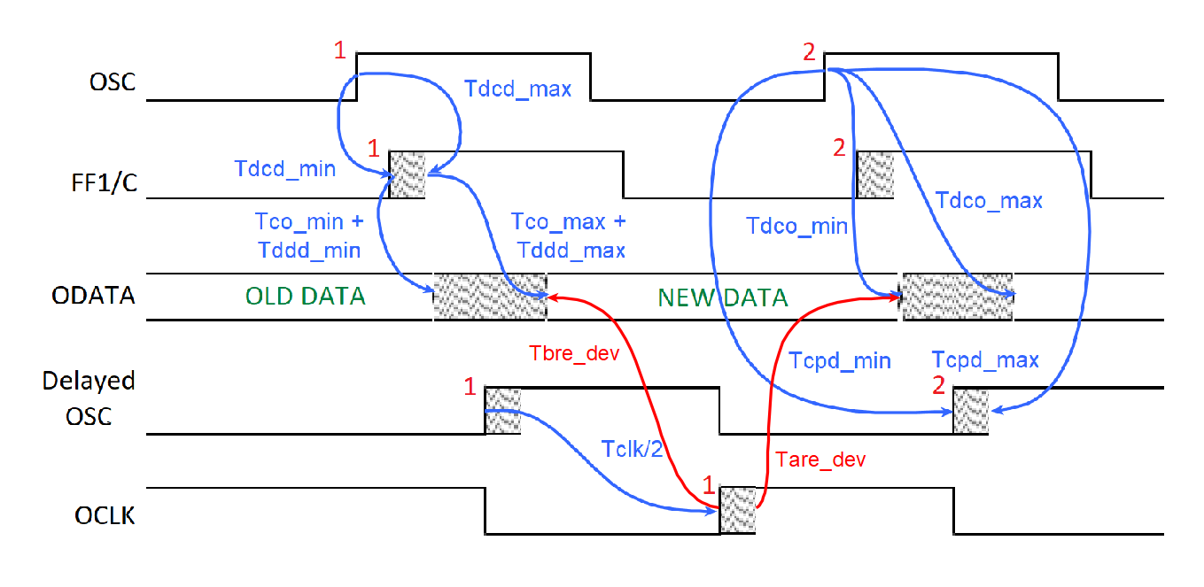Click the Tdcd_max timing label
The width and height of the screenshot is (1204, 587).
(518, 89)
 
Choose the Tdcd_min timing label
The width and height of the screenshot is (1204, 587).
(284, 168)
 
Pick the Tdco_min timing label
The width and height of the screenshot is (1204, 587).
(796, 227)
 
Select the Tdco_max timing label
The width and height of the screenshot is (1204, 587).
(990, 201)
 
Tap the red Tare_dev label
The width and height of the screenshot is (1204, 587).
(820, 459)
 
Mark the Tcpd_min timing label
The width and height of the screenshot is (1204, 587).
(838, 360)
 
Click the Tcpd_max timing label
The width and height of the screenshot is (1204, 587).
(985, 360)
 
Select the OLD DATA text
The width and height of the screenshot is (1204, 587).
(306, 296)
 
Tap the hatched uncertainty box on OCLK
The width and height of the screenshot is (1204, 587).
(737, 510)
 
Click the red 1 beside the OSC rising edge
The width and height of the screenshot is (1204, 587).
(340, 51)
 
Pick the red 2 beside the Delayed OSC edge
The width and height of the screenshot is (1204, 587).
(938, 385)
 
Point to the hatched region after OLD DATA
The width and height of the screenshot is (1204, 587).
(491, 296)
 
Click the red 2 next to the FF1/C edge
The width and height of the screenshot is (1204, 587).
(840, 149)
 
